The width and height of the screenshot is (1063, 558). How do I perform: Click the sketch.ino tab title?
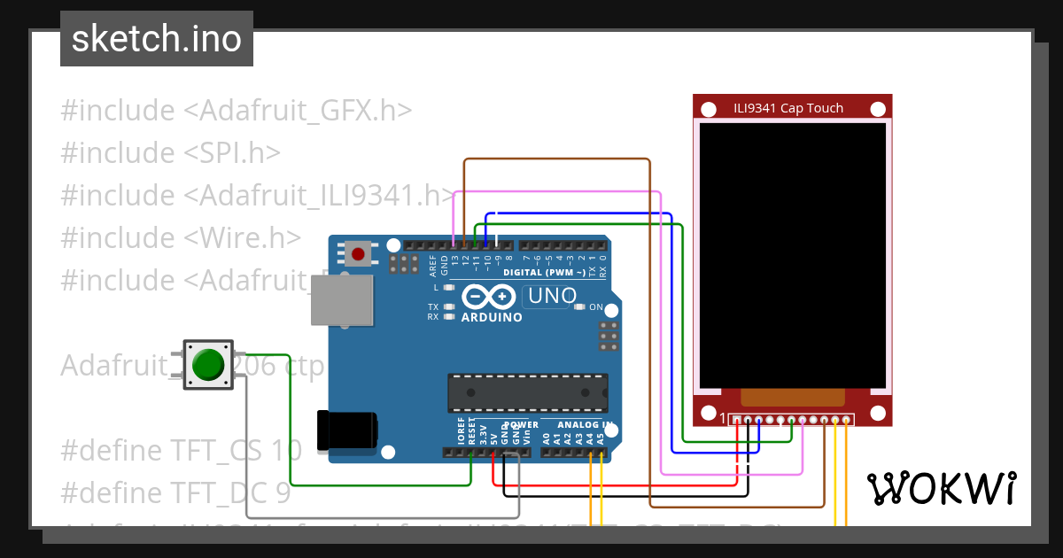pyautogui.click(x=157, y=39)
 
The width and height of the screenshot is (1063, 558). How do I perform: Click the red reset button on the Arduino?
pyautogui.click(x=358, y=254)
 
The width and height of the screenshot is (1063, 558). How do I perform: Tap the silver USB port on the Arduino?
pyautogui.click(x=343, y=299)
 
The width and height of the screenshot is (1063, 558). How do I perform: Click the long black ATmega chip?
pyautogui.click(x=528, y=393)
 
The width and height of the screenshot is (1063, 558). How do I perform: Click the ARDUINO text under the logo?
pyautogui.click(x=492, y=317)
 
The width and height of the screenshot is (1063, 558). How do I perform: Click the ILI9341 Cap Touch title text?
pyautogui.click(x=788, y=108)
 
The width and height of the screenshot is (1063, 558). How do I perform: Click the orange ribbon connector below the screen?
pyautogui.click(x=792, y=399)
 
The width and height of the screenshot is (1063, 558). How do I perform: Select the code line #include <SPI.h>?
pyautogui.click(x=170, y=153)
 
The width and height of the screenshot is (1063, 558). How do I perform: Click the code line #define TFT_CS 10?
pyautogui.click(x=181, y=450)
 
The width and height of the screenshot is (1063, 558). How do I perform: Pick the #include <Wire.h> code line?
pyautogui.click(x=181, y=237)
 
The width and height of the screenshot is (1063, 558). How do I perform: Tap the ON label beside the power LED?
pyautogui.click(x=596, y=307)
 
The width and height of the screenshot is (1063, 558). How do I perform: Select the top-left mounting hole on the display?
pyautogui.click(x=709, y=110)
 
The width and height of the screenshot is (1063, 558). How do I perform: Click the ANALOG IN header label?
pyautogui.click(x=578, y=425)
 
